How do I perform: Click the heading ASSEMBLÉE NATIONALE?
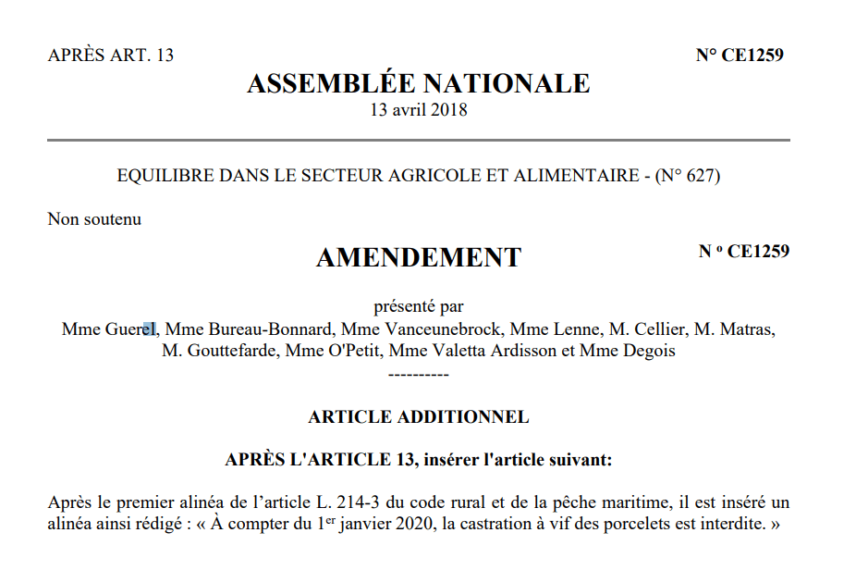point(418,83)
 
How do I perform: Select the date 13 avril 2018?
point(418,110)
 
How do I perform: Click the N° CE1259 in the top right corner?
point(740,55)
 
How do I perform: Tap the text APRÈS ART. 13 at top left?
point(110,55)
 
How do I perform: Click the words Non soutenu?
point(94,219)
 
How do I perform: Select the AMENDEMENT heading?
point(418,257)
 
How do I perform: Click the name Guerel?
point(134,328)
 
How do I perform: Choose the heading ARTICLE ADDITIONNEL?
point(418,416)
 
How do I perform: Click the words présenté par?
point(418,305)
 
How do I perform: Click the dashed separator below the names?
point(418,374)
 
